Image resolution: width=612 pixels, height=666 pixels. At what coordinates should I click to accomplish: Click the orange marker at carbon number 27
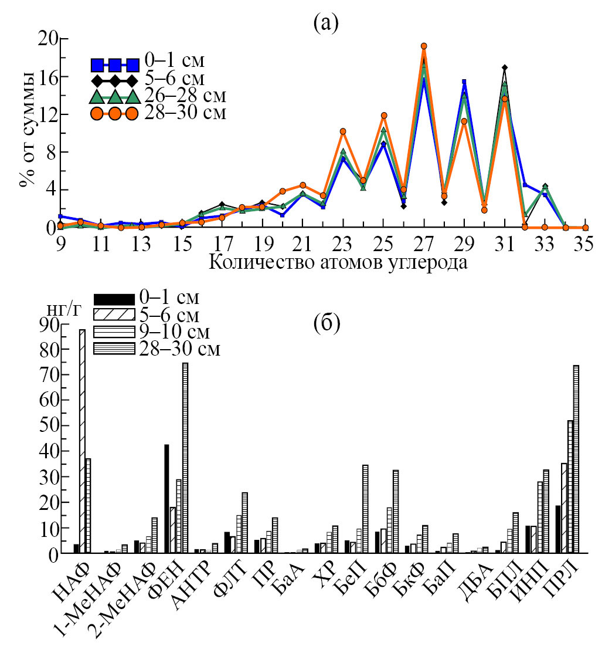[424, 46]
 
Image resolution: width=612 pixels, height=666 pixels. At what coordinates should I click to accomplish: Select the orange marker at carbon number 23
[343, 131]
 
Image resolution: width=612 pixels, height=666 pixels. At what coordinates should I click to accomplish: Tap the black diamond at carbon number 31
[505, 68]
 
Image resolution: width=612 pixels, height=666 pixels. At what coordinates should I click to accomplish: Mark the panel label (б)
[327, 323]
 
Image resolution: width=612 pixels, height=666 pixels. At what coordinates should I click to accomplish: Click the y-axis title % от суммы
[26, 128]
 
